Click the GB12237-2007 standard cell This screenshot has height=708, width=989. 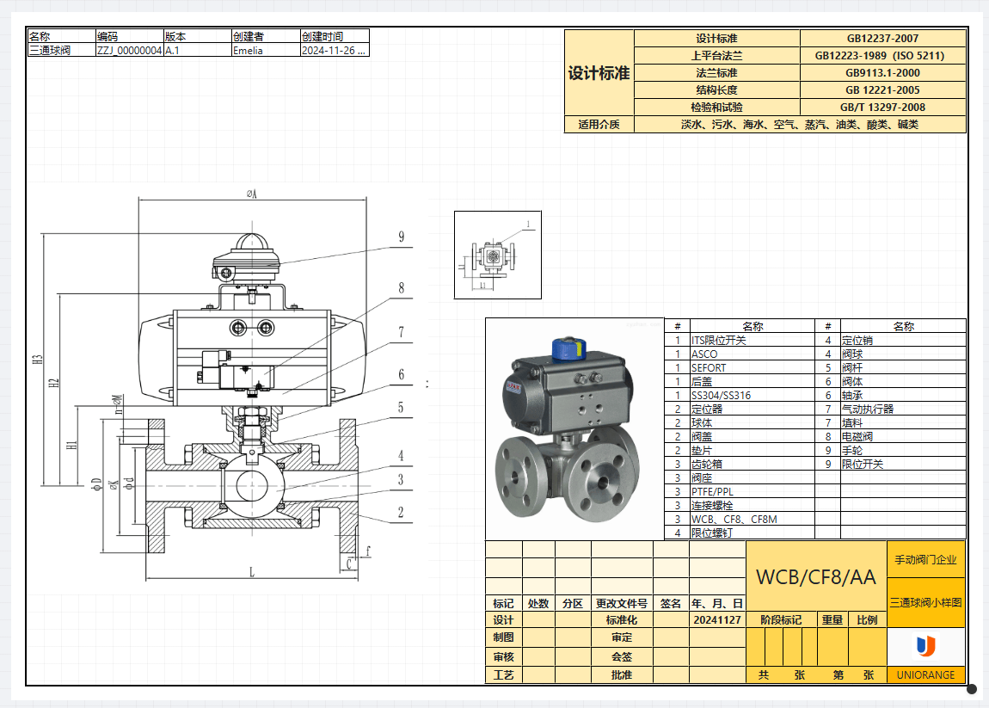tap(882, 39)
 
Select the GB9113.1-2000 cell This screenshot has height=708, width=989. tap(882, 73)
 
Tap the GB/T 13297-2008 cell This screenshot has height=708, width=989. tap(882, 108)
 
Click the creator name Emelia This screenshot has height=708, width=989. tap(248, 50)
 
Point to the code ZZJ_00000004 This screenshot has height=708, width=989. tap(129, 50)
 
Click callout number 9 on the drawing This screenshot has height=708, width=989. tap(401, 237)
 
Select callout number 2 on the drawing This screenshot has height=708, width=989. tap(401, 512)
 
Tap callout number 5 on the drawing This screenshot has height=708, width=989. tap(401, 407)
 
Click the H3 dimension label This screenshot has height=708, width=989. tap(38, 359)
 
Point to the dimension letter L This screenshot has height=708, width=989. tap(252, 571)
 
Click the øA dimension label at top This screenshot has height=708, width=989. tap(252, 194)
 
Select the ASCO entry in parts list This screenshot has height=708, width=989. tap(704, 354)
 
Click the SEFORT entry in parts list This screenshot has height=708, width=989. tap(709, 367)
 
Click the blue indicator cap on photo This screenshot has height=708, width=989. tap(568, 347)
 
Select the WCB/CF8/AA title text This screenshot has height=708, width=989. tap(815, 577)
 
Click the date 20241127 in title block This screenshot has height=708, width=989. tap(716, 619)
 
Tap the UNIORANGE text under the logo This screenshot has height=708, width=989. tap(925, 675)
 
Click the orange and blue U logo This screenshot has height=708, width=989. tap(925, 645)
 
